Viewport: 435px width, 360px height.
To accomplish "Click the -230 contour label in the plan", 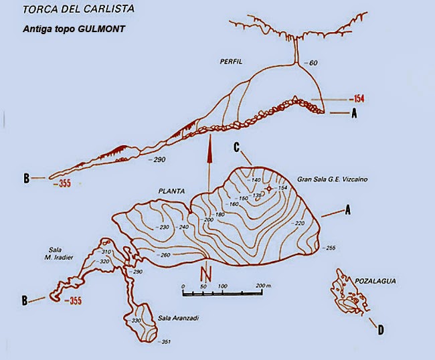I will (x=163, y=228).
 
